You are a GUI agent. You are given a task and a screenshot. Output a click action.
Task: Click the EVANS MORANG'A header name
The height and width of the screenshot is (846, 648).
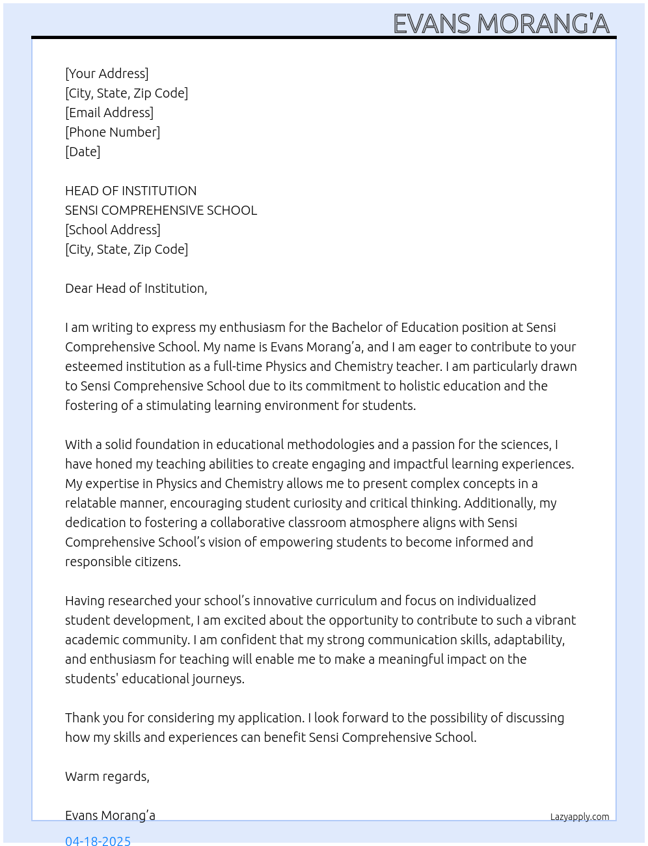click(x=501, y=23)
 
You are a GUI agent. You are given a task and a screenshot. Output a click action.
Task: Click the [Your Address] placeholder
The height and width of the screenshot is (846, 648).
click(x=107, y=74)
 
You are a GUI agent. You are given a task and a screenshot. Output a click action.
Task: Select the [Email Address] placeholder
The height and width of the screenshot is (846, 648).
click(x=109, y=113)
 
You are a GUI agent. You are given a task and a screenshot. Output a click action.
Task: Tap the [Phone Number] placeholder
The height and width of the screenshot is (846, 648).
click(x=113, y=132)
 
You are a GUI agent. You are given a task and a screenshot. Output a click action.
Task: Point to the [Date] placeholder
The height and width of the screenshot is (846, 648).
click(x=83, y=152)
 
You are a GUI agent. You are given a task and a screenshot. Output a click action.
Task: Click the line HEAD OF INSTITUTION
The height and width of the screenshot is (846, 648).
click(x=131, y=191)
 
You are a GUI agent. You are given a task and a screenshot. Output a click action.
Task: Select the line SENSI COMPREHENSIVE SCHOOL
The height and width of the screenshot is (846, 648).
click(x=161, y=210)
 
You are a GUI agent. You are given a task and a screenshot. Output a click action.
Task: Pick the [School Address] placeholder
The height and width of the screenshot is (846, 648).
click(x=113, y=230)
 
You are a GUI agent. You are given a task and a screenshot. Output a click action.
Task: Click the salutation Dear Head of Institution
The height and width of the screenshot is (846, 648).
click(x=136, y=288)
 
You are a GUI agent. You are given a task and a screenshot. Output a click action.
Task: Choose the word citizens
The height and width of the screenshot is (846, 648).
click(x=155, y=562)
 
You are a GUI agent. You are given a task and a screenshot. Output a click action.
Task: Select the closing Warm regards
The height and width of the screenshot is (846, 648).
click(x=107, y=776)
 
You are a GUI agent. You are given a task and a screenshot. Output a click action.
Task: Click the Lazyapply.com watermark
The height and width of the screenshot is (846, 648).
click(x=580, y=817)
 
